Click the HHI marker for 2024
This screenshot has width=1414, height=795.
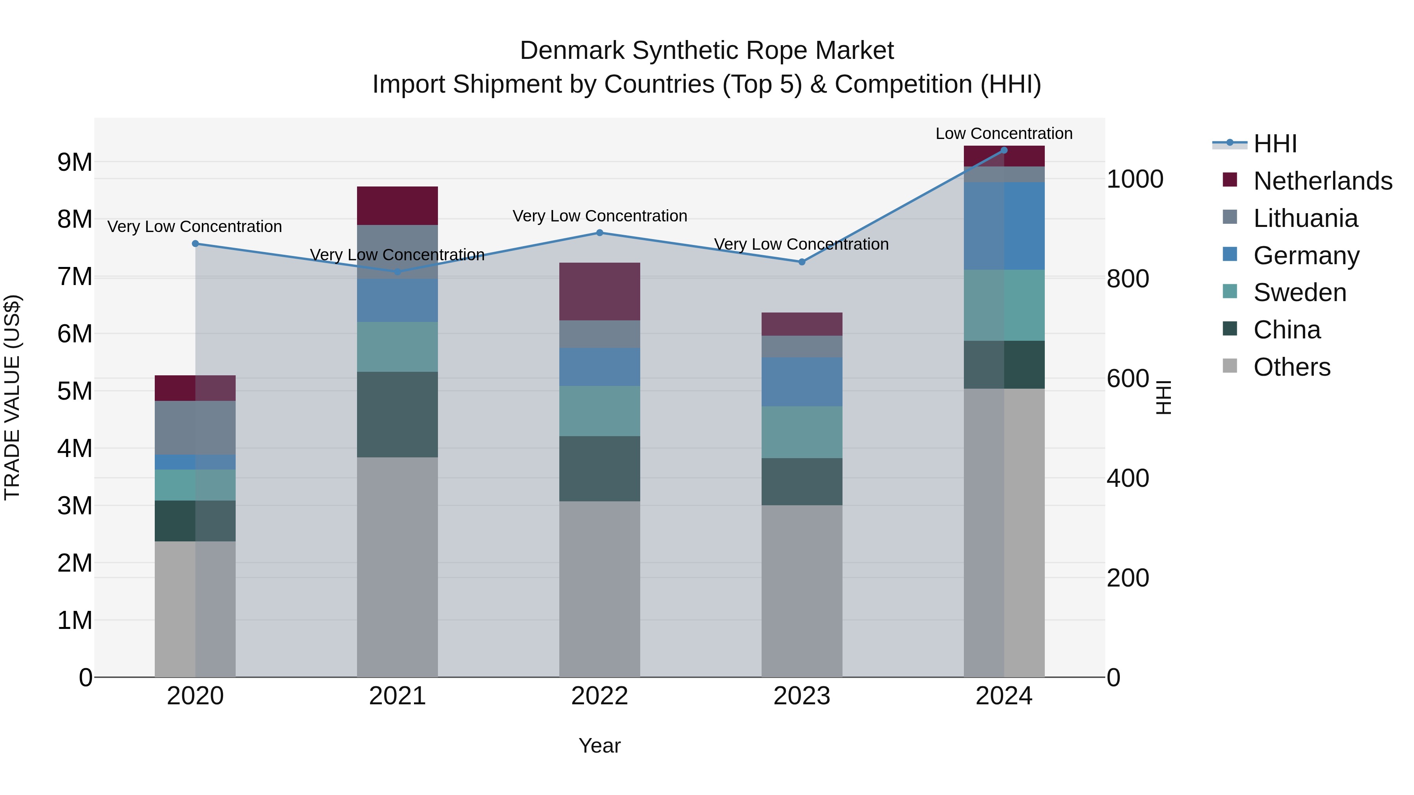coord(1004,150)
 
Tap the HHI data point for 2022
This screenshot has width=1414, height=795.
coord(599,233)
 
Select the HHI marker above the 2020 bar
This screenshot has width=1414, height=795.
coord(196,243)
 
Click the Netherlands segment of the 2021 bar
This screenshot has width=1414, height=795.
coord(397,206)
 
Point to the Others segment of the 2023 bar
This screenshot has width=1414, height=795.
coord(801,591)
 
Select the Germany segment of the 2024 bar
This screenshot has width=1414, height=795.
coord(1004,226)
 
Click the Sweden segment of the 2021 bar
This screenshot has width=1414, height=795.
coord(397,347)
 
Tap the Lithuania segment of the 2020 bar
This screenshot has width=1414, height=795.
coord(196,428)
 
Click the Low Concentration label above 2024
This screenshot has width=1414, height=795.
coord(1004,133)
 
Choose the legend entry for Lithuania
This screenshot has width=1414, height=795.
coord(1305,218)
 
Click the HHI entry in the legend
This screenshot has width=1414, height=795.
coord(1275,144)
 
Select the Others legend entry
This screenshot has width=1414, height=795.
coord(1291,367)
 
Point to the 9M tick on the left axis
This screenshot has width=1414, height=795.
coord(75,162)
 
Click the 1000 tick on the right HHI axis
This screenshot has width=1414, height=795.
coord(1134,179)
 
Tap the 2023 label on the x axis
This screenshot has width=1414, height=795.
coord(801,696)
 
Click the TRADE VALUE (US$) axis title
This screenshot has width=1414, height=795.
coord(12,397)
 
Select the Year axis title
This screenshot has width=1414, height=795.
coord(599,746)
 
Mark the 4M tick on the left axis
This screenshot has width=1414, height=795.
coord(75,448)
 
